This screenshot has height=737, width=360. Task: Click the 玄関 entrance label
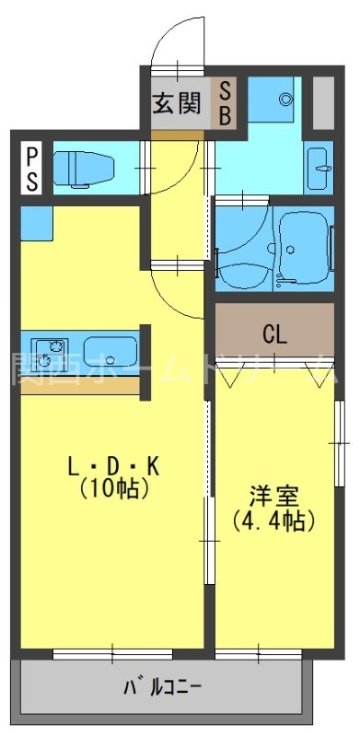click(x=176, y=102)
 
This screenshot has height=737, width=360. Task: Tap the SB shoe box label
click(x=224, y=102)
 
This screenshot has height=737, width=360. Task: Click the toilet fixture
click(x=83, y=169)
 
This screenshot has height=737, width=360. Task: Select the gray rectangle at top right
click(x=322, y=102)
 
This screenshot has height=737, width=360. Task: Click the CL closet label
click(x=274, y=333)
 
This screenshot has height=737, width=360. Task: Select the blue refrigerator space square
click(x=37, y=222)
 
